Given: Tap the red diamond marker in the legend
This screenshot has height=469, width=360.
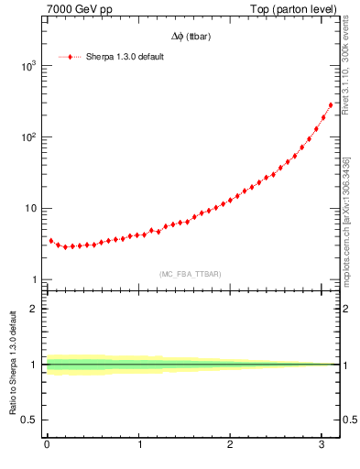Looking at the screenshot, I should (71, 57).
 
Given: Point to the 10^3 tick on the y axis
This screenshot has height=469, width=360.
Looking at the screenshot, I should (27, 66).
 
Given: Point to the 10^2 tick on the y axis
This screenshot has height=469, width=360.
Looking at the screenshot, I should (27, 137).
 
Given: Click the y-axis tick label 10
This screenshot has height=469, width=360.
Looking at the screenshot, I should (30, 208).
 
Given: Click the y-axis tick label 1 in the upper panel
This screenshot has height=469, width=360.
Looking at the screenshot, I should (33, 279).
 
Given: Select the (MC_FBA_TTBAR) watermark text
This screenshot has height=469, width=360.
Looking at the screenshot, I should (190, 274).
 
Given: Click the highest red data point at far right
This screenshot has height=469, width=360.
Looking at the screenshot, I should (331, 104).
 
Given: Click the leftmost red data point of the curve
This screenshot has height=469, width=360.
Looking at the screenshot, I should (50, 240).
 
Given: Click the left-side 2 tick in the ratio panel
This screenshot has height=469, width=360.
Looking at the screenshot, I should (34, 308).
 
